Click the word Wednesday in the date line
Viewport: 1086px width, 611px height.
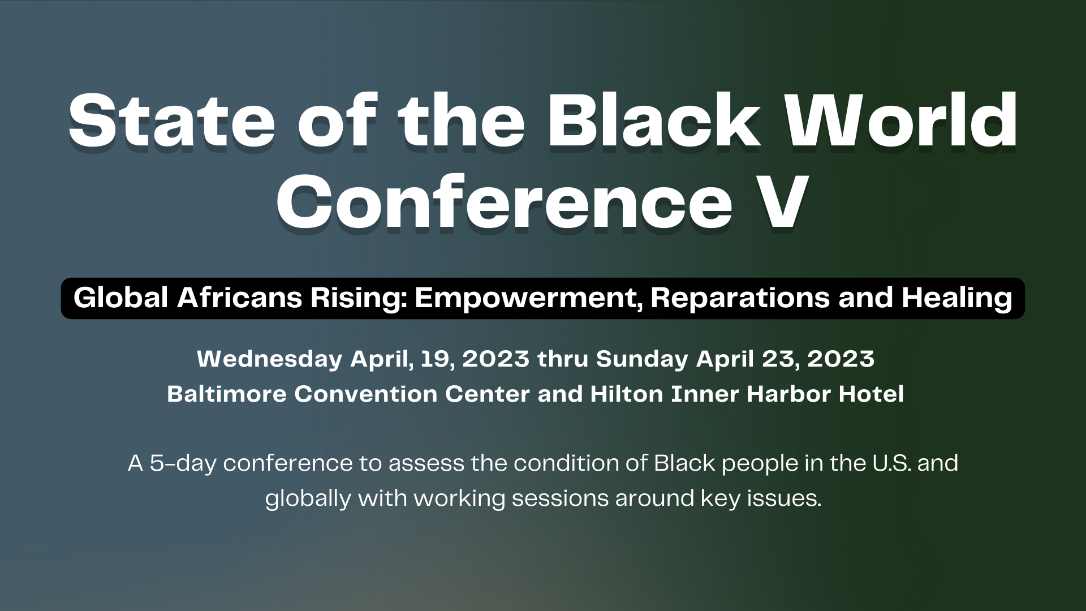pyautogui.click(x=270, y=359)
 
